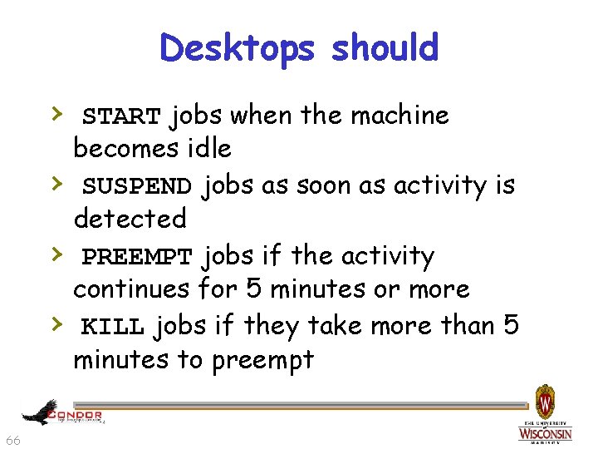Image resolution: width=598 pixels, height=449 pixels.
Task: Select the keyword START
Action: coord(122,116)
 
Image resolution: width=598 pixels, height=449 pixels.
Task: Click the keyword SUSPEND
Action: coord(137,186)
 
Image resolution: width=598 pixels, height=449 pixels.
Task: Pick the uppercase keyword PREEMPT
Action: coord(137,257)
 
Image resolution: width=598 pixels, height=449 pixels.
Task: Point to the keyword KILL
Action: coord(113,327)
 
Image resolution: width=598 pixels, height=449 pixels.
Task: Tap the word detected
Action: coord(130,219)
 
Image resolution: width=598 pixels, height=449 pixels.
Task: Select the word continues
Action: coord(132,289)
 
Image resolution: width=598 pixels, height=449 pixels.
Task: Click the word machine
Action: coord(399,115)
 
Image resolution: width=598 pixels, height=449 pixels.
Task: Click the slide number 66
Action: coord(13,440)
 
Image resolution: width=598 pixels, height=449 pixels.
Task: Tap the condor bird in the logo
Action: coord(40,412)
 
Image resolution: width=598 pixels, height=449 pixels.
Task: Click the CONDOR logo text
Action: coord(76,414)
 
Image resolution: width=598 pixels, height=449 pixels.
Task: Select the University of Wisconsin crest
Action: coord(545,402)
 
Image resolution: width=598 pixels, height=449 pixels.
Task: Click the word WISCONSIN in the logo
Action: coord(545,433)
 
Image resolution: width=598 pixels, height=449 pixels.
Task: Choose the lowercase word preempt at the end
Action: coord(263,360)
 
